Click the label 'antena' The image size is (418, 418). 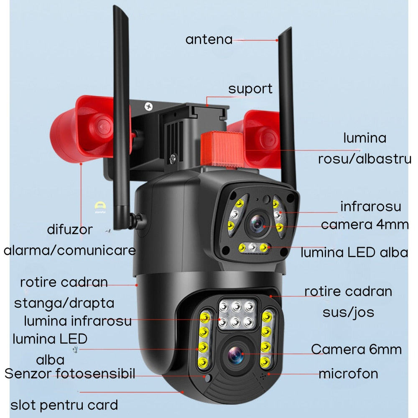[209, 39]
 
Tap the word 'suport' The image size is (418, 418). [250, 89]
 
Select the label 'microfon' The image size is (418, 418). [349, 374]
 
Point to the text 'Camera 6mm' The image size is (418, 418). [356, 349]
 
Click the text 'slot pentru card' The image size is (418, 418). [64, 405]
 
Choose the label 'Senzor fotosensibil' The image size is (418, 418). [70, 373]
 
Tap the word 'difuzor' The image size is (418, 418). [70, 229]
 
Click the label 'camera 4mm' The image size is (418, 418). [364, 224]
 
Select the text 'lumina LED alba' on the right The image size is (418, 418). [354, 252]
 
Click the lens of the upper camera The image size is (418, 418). [257, 224]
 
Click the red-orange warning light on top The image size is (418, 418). [222, 149]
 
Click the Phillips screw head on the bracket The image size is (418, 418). [148, 107]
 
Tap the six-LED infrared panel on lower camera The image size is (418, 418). [237, 315]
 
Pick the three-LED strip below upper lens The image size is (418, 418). [253, 248]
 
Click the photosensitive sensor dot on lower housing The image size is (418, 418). [208, 378]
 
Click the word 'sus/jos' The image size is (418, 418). [349, 312]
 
